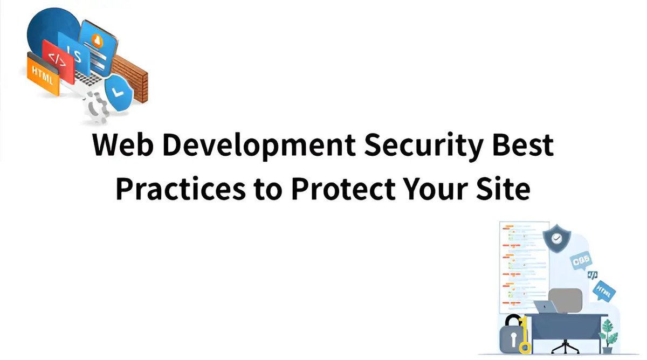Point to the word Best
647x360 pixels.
[x=525, y=146]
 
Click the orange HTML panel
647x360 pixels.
[x=43, y=76]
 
